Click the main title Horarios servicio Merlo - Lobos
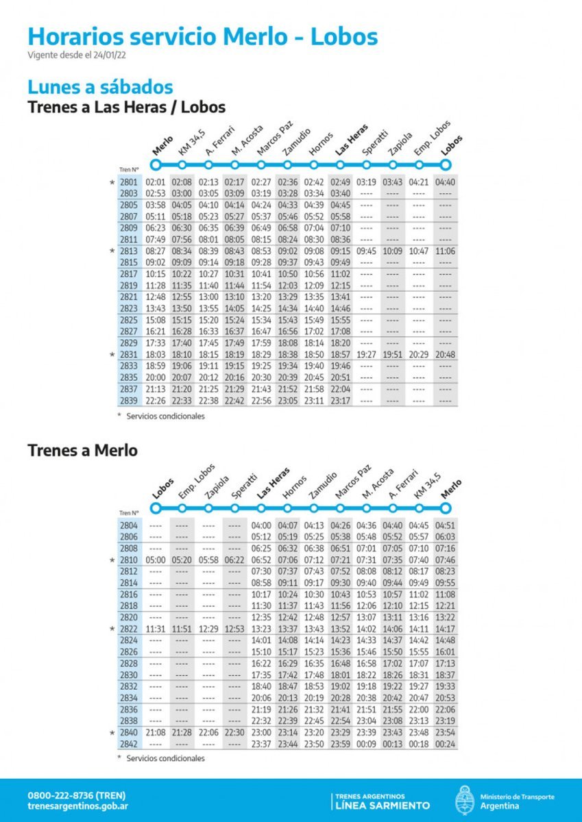point(202,36)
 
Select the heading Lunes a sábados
point(100,88)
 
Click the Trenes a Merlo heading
point(82,450)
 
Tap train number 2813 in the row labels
point(128,251)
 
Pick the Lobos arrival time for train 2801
point(446,182)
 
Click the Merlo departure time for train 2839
point(156,401)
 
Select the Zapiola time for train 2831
point(393,355)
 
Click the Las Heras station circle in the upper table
point(340,165)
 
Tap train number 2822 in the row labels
point(128,629)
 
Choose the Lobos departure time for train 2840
point(156,732)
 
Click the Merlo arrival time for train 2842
point(446,744)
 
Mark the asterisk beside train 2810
point(112,560)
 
